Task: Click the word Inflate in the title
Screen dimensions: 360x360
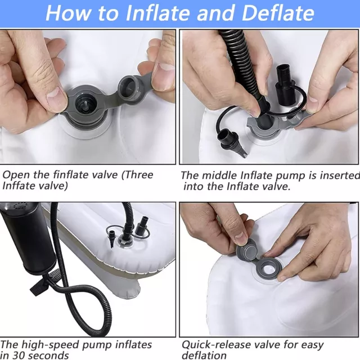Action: (x=159, y=13)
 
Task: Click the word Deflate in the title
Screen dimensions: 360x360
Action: (x=278, y=13)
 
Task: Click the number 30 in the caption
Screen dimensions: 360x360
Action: (x=20, y=355)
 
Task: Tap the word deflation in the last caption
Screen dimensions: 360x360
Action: (x=204, y=355)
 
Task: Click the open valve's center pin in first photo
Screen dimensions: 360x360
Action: (x=85, y=105)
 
